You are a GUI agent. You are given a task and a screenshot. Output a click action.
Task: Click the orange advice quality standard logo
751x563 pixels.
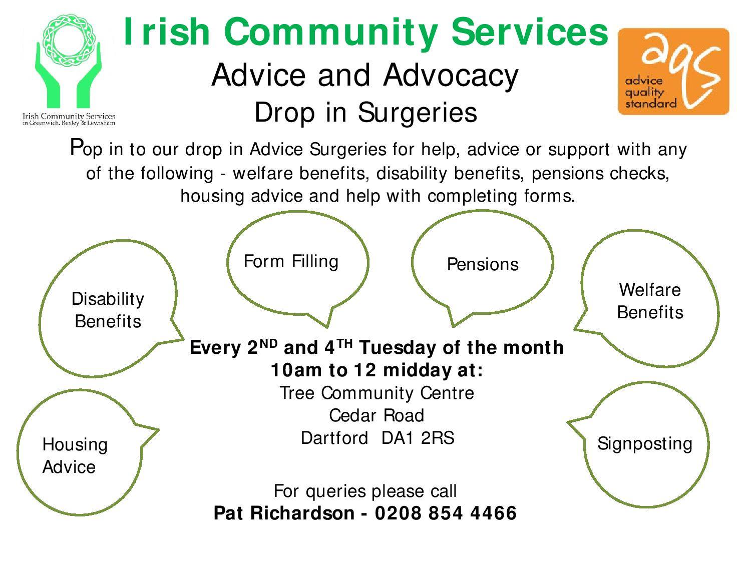[x=673, y=71]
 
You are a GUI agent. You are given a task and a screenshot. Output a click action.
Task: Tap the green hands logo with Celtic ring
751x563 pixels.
[x=69, y=61]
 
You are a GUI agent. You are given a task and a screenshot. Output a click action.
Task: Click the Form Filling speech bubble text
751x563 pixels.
[x=291, y=262]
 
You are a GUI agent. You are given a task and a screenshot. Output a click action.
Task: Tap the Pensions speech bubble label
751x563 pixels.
[x=483, y=264]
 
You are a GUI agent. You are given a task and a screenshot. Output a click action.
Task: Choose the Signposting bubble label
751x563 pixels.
[x=644, y=444]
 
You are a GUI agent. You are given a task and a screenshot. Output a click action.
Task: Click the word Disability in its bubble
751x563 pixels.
[x=108, y=299]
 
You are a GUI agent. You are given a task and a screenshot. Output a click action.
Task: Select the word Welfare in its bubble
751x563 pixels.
[x=650, y=290]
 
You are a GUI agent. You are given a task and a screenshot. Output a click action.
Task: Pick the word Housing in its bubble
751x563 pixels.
[x=75, y=445]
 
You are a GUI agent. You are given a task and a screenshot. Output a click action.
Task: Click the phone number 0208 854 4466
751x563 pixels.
[x=446, y=513]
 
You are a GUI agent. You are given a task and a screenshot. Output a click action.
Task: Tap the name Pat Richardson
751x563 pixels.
[x=284, y=513]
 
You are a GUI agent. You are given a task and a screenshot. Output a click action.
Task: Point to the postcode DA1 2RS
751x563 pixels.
[x=418, y=438]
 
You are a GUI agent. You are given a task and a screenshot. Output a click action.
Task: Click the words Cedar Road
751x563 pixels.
[x=377, y=415]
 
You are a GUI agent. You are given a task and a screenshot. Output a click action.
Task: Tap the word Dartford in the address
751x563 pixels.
[x=334, y=438]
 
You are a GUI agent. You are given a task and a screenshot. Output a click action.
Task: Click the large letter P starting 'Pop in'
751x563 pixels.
[x=76, y=147]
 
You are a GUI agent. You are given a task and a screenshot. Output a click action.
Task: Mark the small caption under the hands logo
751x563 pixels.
[x=69, y=119]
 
